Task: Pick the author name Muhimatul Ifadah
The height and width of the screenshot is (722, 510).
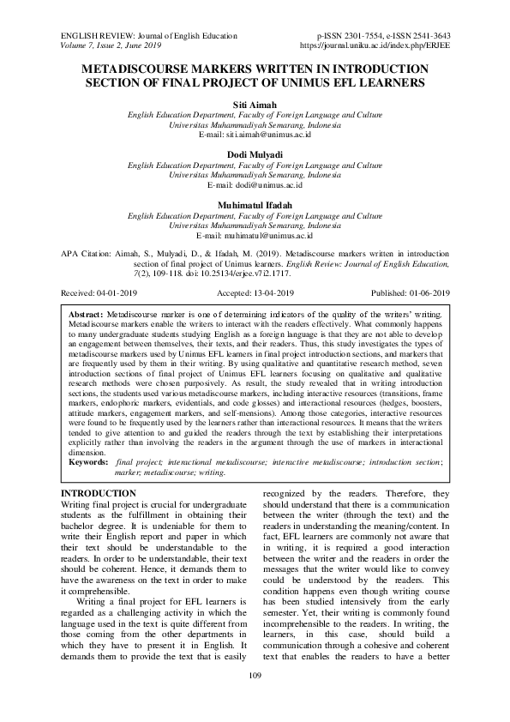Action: tap(255, 204)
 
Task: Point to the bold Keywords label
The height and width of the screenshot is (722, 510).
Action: tap(88, 461)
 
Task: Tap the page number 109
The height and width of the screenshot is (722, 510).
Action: tap(255, 701)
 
